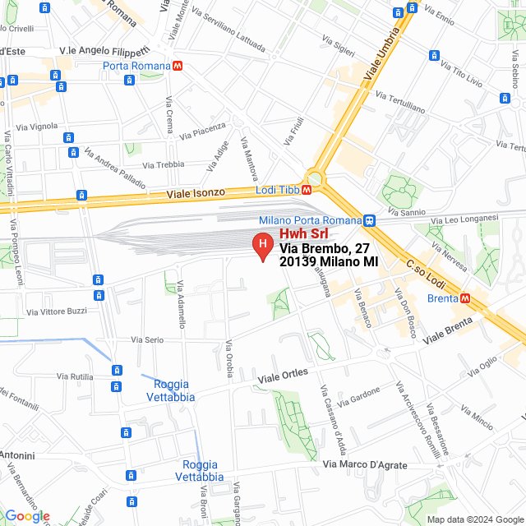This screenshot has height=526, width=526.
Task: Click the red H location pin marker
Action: coord(262,246)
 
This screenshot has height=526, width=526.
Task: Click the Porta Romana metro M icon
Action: coord(178,66)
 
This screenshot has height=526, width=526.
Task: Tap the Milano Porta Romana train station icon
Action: coord(370,220)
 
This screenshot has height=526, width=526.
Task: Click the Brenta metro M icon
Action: coord(465,298)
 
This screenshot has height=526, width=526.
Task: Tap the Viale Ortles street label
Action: coord(283,376)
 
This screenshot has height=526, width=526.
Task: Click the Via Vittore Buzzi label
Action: coord(57,311)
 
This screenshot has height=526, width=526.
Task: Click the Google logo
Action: coord(27,516)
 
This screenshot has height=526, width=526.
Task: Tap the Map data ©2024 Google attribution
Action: coord(474,519)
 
